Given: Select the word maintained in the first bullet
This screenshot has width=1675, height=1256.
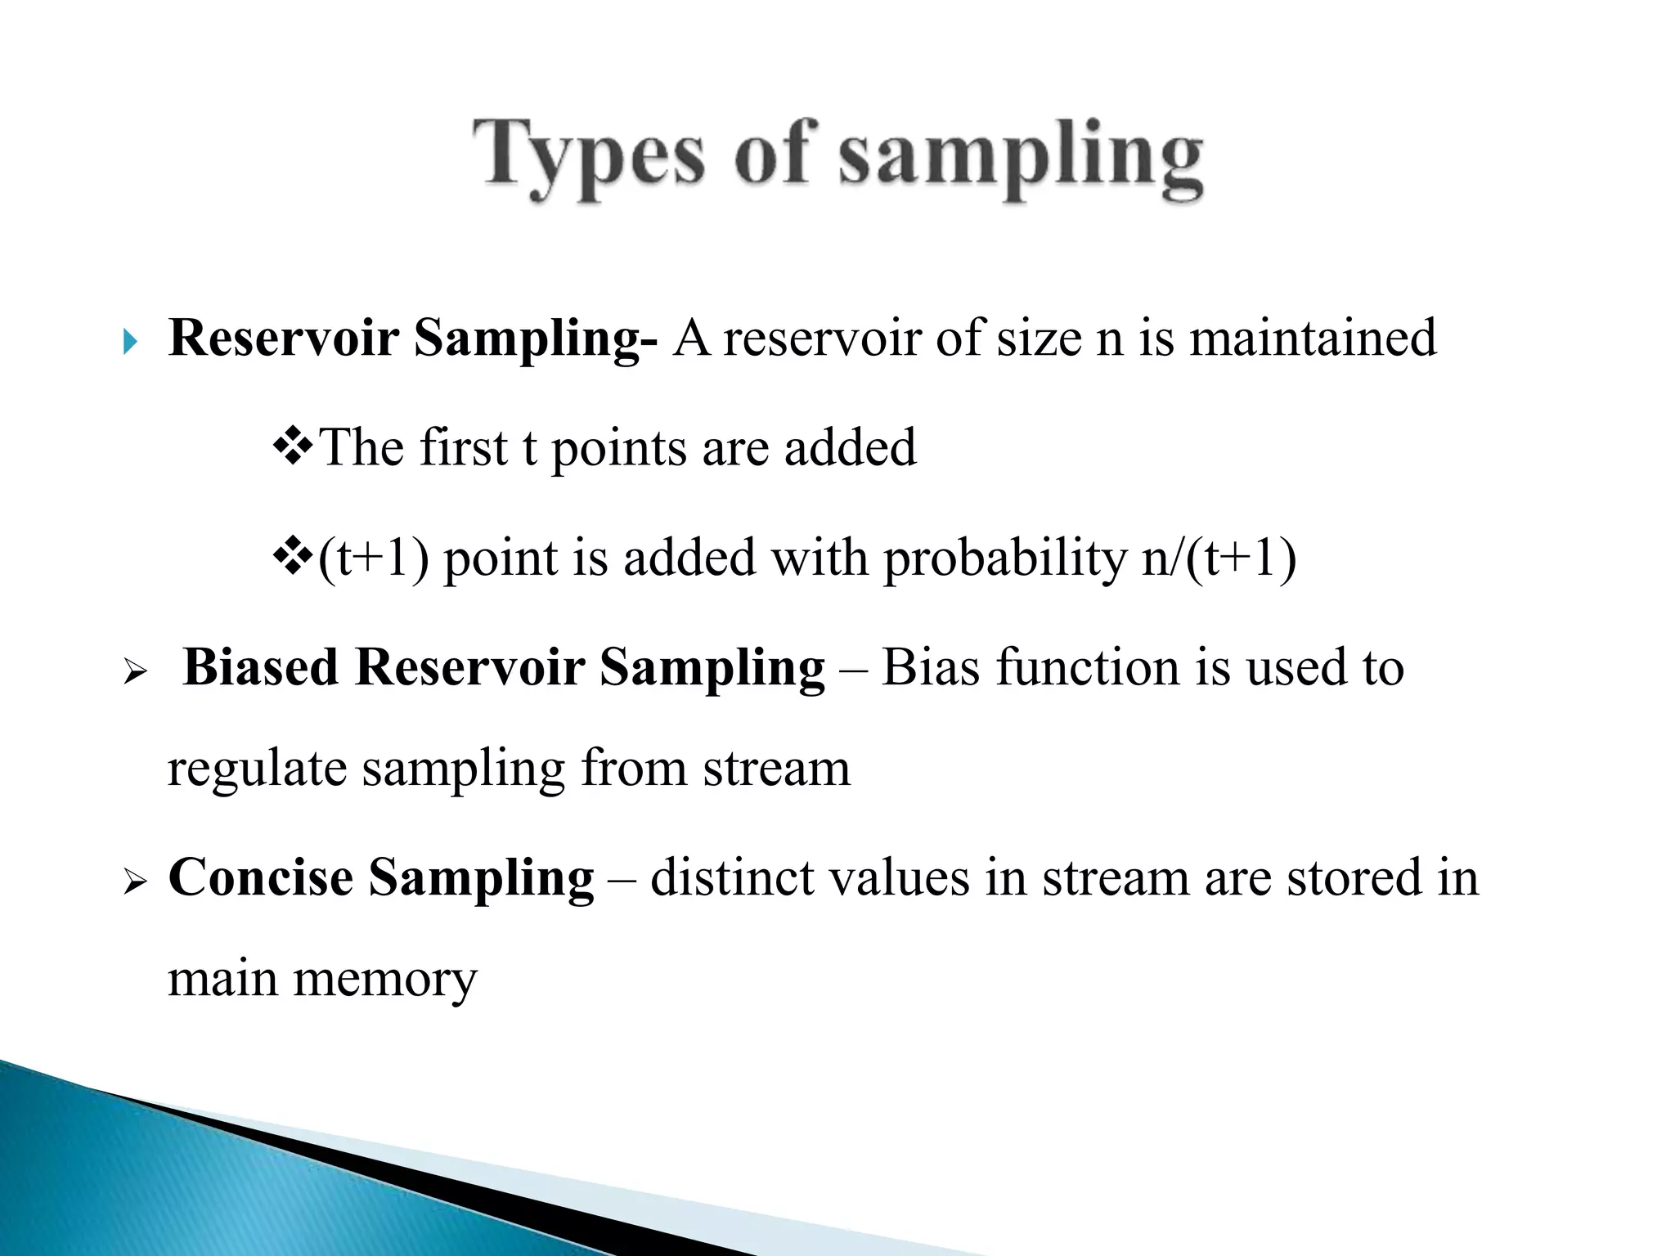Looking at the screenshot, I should coord(1312,338).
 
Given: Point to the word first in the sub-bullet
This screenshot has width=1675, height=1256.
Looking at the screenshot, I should coord(461,448).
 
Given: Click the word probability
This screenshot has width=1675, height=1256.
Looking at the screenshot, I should coord(1005,559).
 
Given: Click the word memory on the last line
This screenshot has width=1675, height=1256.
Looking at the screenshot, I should coord(384,980).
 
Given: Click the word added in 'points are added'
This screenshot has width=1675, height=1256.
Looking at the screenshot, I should coord(850,448).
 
